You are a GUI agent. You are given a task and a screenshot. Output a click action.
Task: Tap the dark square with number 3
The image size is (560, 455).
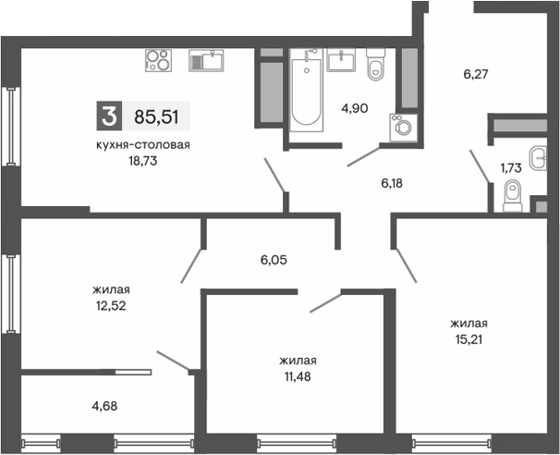[x=109, y=117]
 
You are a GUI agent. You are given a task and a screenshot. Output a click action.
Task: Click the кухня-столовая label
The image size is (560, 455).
[x=143, y=144]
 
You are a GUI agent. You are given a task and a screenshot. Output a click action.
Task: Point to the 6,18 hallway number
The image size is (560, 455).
[x=393, y=183]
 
